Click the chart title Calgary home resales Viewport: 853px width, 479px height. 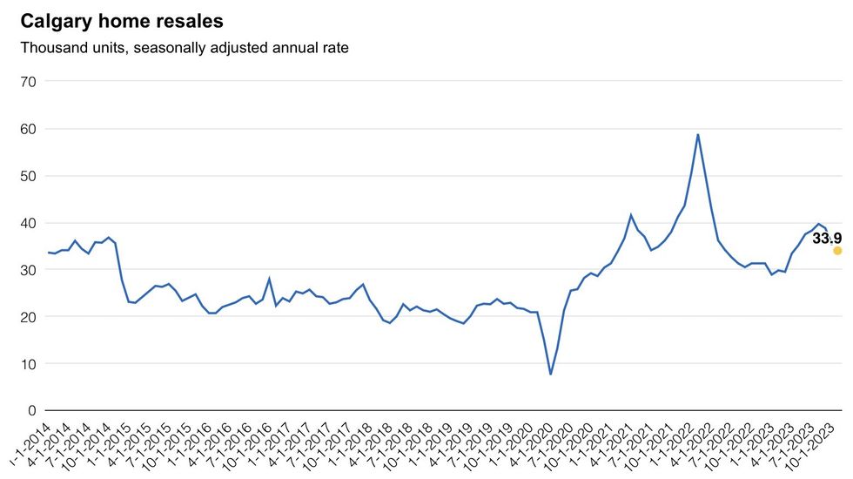(x=122, y=21)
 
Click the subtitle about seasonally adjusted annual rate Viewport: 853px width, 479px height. (x=185, y=48)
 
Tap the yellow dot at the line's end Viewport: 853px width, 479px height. (x=837, y=251)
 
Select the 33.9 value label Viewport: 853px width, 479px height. (x=827, y=238)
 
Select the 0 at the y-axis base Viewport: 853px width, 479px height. (x=32, y=411)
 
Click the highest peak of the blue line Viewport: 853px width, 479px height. (x=698, y=135)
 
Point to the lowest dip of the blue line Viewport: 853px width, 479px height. (x=550, y=374)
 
